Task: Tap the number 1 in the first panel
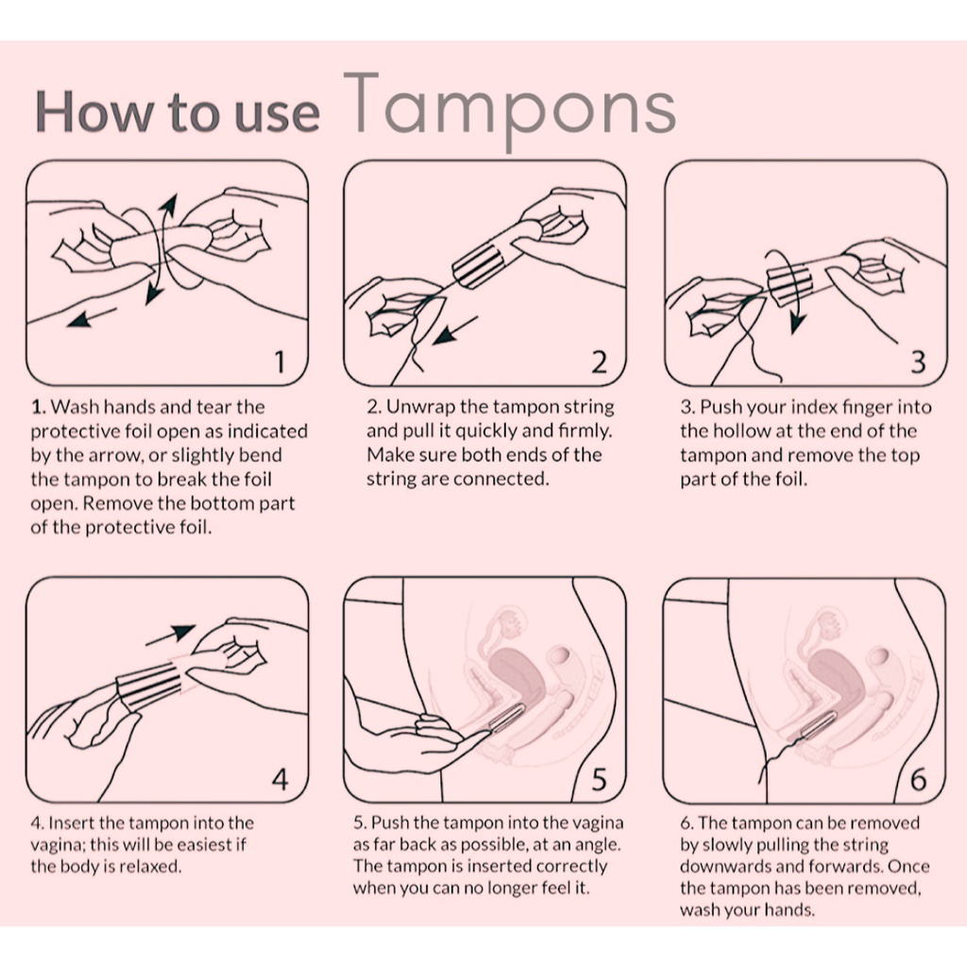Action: (280, 362)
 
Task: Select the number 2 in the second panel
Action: (599, 362)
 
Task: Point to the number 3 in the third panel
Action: (918, 362)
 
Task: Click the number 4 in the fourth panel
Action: (280, 779)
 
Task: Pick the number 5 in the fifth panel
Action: (599, 779)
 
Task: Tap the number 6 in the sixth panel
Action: (918, 779)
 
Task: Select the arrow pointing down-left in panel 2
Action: (454, 331)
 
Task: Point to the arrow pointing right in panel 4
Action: (170, 636)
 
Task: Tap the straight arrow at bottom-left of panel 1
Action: (92, 317)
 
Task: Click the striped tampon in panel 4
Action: (150, 686)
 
